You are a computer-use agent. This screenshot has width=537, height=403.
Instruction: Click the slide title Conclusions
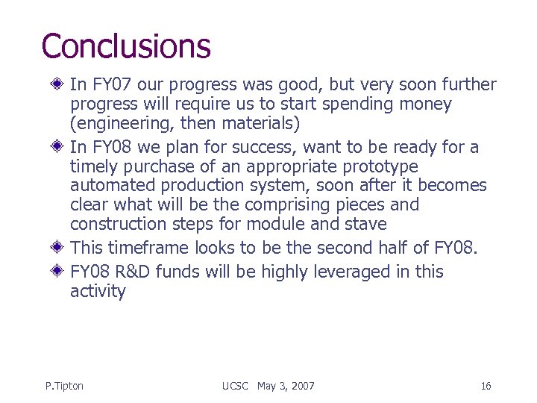[126, 46]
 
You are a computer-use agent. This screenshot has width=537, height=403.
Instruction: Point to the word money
[424, 104]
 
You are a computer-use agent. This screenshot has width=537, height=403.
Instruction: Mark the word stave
[365, 224]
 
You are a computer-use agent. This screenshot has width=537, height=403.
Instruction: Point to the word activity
[98, 292]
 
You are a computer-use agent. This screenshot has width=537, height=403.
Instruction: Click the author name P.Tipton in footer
[64, 386]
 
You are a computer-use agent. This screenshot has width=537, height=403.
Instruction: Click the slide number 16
[486, 386]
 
